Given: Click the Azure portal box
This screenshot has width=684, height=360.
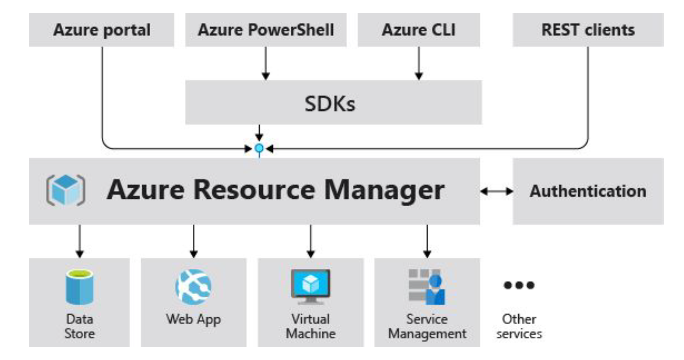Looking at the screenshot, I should (x=102, y=30).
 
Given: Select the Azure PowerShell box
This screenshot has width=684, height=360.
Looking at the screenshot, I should (x=266, y=30).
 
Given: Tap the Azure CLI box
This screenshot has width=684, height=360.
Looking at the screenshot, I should (x=418, y=30).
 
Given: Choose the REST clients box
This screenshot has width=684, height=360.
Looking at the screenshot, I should (x=588, y=30).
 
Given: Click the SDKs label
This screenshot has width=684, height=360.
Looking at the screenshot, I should (x=330, y=104).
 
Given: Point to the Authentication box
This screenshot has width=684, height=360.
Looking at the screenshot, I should (x=588, y=191).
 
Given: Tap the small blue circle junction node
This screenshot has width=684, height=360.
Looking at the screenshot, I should (x=259, y=148).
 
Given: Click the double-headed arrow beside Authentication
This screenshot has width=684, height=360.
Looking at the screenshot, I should (x=496, y=191).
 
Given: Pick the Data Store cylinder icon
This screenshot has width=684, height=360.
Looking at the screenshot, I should (x=79, y=287).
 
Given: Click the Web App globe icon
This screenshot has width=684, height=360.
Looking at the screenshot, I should (x=193, y=287).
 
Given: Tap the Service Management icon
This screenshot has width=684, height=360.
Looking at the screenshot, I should (x=427, y=287).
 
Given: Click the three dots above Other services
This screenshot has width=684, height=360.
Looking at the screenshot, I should (x=519, y=285).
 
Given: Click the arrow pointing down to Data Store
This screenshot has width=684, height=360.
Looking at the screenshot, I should (x=79, y=241).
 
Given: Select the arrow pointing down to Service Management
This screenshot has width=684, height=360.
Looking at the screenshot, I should (x=427, y=241).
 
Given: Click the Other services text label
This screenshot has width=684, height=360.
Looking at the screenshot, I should (x=519, y=326).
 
